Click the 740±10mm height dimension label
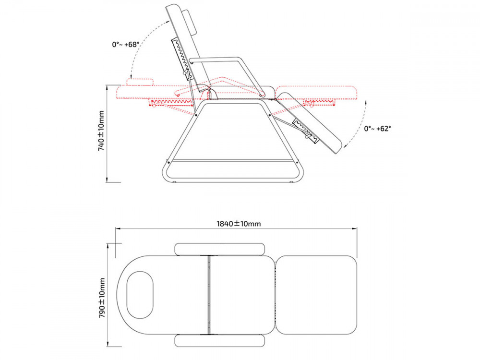point(101,131)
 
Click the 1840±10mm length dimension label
point(239,224)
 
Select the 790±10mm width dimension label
point(102,298)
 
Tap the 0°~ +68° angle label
point(126,44)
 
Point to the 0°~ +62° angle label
point(377,129)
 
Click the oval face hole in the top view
point(140,295)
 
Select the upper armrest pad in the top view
point(219,249)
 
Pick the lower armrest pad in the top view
point(219,341)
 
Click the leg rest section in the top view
point(317,295)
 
